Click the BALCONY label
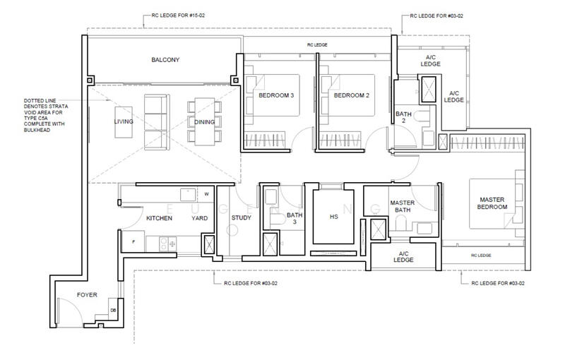point(165,60)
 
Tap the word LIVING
point(124,121)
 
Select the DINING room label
point(204,122)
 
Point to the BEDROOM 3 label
point(276,95)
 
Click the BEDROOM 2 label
point(352,95)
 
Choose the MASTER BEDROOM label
point(492,203)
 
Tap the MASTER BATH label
point(403,206)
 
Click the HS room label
point(333,217)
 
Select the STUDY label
point(242,218)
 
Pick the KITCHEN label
point(160,218)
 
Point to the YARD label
point(200,218)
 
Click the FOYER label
point(87,295)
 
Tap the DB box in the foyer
point(113,310)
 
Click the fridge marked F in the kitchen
point(133,242)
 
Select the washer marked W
point(206,194)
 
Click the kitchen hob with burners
point(168,244)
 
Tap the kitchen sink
point(188,195)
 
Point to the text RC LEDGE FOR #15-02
point(179,16)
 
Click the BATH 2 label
point(403,117)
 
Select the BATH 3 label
point(295,219)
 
